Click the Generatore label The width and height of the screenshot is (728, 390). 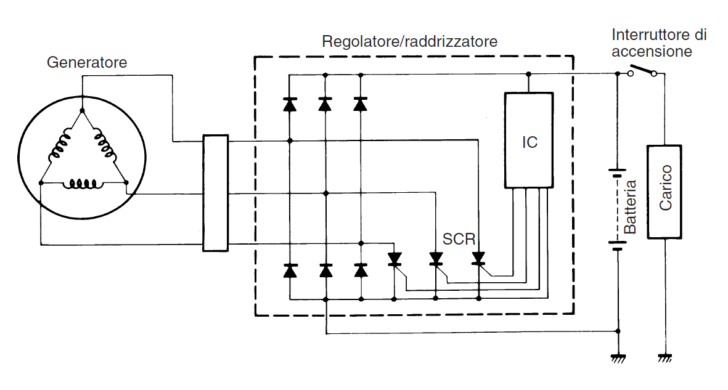(87, 62)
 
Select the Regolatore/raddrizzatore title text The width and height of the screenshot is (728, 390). (409, 42)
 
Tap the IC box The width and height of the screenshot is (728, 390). (529, 140)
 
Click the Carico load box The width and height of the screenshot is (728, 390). (665, 191)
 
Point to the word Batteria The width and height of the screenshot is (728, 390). (629, 206)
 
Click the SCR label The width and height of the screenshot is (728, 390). (459, 238)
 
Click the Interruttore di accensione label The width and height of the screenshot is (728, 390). (658, 43)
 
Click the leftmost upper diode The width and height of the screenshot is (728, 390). (289, 104)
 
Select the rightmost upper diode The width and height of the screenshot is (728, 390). (361, 104)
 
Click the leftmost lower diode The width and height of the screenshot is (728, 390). (289, 270)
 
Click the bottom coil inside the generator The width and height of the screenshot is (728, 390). (82, 183)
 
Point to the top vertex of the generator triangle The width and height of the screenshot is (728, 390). (82, 110)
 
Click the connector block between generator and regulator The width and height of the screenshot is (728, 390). (215, 193)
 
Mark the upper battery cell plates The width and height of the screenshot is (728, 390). (617, 172)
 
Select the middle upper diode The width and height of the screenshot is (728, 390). (325, 104)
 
